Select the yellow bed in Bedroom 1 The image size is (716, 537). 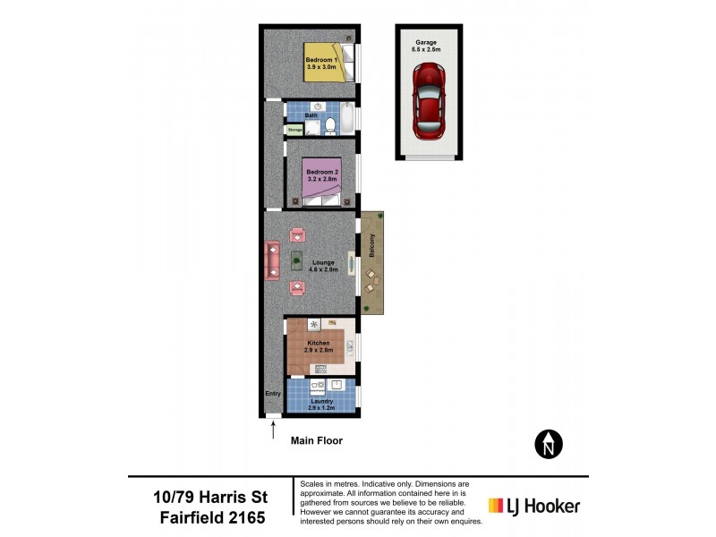(323, 62)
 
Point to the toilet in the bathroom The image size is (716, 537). (328, 125)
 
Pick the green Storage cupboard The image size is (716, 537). (294, 130)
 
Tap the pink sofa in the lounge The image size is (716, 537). (273, 260)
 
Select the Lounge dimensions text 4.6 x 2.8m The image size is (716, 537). (323, 269)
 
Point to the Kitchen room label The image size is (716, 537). (319, 343)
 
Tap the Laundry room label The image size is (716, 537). (321, 401)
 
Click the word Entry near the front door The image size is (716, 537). (272, 394)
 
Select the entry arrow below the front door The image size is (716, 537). (273, 430)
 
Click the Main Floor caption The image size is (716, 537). (317, 440)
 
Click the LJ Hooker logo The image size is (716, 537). (533, 506)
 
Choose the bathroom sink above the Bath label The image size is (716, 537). (317, 107)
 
